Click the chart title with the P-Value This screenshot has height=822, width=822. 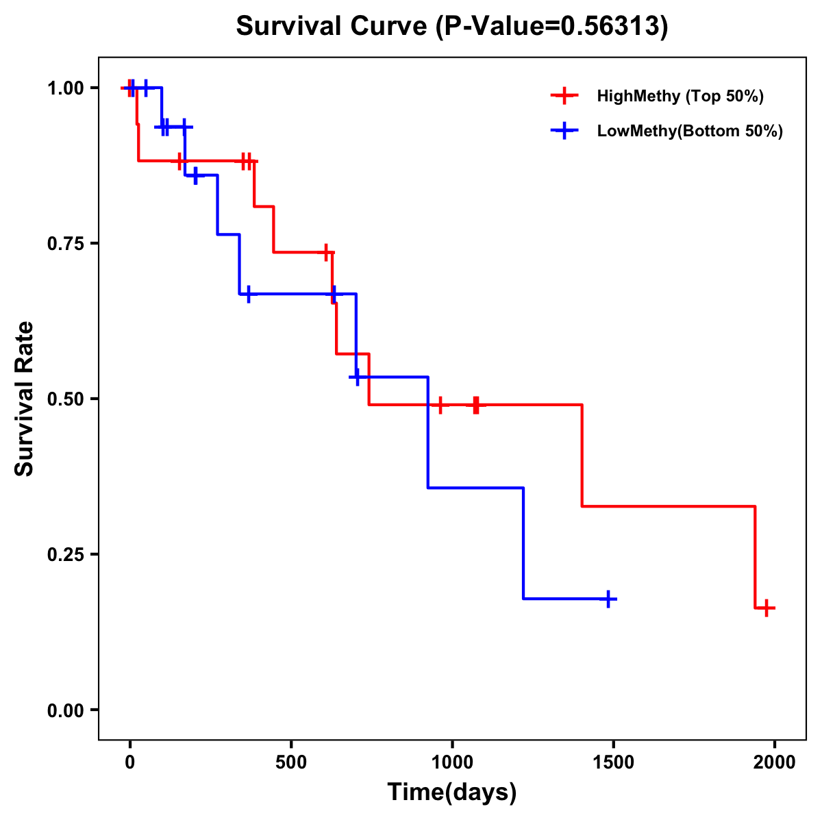pyautogui.click(x=451, y=27)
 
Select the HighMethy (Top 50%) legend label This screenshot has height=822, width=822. pyautogui.click(x=680, y=96)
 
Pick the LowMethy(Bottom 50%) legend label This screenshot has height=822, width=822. pyautogui.click(x=689, y=131)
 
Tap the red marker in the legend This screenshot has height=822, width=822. pyautogui.click(x=564, y=96)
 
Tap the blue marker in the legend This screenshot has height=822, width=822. pyautogui.click(x=564, y=131)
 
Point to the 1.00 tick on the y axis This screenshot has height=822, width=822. pyautogui.click(x=65, y=88)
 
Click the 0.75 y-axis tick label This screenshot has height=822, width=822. pyautogui.click(x=65, y=244)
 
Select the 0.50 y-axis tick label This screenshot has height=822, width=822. pyautogui.click(x=65, y=399)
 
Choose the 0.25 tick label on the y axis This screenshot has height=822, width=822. pyautogui.click(x=65, y=555)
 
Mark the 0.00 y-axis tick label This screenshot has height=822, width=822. pyautogui.click(x=65, y=710)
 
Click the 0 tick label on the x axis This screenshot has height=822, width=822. pyautogui.click(x=130, y=762)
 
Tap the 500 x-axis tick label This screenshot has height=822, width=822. pyautogui.click(x=291, y=762)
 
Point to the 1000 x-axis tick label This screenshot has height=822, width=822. pyautogui.click(x=452, y=762)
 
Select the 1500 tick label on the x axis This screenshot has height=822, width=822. pyautogui.click(x=614, y=762)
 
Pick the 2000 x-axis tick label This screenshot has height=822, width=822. pyautogui.click(x=775, y=762)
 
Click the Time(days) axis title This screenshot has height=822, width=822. pyautogui.click(x=452, y=793)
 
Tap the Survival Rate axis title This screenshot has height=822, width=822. pyautogui.click(x=25, y=399)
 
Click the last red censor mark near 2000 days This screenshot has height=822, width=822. pyautogui.click(x=767, y=608)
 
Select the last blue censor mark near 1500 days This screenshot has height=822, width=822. pyautogui.click(x=608, y=599)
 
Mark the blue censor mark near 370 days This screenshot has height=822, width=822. pyautogui.click(x=248, y=293)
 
